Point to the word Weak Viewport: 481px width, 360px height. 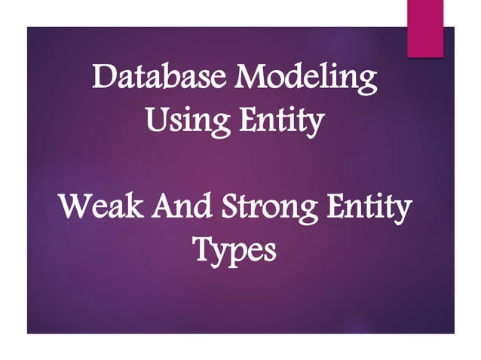coord(99,206)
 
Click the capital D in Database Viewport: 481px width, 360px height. coord(103,79)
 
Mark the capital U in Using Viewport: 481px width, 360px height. coord(155,119)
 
